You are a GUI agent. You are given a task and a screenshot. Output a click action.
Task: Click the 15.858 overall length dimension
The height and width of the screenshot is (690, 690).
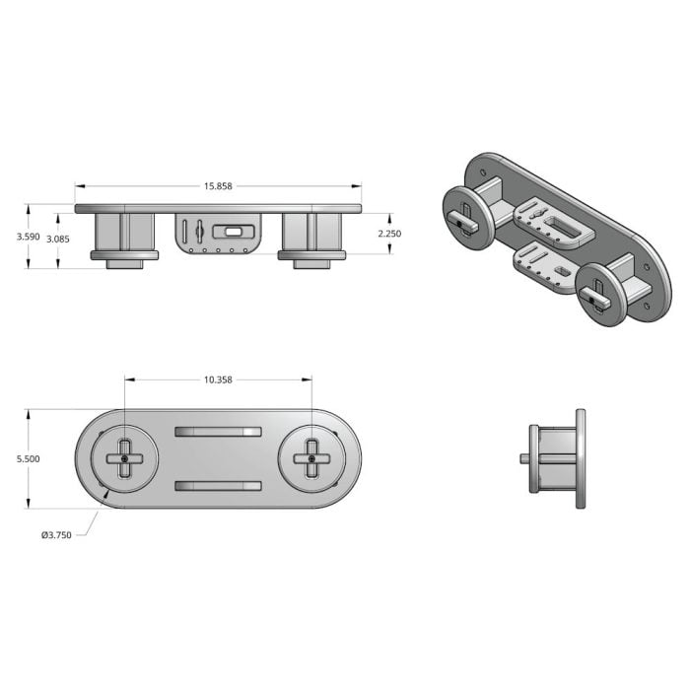click(218, 186)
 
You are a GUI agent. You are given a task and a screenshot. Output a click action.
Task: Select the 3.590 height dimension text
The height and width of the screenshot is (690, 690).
click(29, 237)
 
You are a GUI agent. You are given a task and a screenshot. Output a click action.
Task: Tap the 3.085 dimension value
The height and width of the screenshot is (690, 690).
click(58, 240)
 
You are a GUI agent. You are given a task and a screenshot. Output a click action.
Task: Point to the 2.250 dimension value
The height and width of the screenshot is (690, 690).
click(389, 234)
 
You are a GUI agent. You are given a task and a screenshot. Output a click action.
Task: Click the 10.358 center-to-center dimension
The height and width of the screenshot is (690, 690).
click(218, 379)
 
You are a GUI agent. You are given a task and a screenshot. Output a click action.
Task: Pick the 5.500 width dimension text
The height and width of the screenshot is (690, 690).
click(29, 459)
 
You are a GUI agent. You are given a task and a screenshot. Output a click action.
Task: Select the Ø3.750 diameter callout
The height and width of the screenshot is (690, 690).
click(56, 535)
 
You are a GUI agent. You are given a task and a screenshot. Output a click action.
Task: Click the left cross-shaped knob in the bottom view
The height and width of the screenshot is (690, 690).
click(125, 459)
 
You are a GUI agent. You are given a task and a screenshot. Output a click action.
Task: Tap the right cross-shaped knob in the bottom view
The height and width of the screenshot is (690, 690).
click(312, 459)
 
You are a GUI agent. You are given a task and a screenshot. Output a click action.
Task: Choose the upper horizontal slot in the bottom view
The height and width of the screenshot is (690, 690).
click(218, 432)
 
